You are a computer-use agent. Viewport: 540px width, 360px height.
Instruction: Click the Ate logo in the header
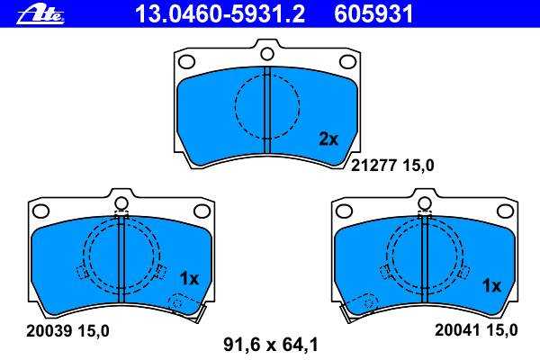[x=40, y=14]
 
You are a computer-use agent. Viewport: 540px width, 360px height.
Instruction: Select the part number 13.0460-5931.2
[x=220, y=14]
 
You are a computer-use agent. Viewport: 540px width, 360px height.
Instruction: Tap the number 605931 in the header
[x=373, y=14]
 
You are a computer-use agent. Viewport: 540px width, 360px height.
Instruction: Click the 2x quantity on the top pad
[x=328, y=139]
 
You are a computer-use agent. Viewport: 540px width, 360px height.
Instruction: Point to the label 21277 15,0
[x=392, y=166]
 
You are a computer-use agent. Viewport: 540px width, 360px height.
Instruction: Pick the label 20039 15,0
[x=67, y=331]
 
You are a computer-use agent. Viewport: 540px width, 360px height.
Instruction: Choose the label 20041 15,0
[x=476, y=330]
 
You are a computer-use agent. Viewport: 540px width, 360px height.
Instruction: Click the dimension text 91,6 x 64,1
[x=271, y=344]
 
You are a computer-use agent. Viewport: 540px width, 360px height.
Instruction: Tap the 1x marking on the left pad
[x=189, y=279]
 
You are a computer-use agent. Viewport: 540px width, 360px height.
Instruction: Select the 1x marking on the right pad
[x=491, y=286]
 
